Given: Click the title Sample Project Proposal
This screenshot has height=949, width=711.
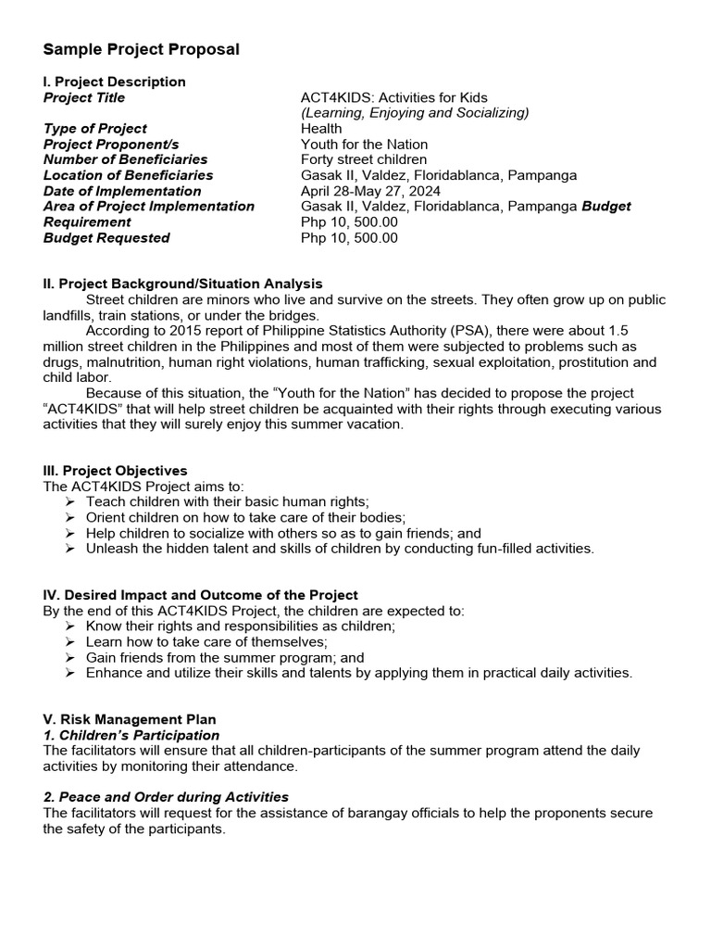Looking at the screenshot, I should click(142, 49).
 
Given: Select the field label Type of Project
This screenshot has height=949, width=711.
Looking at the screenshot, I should click(95, 129).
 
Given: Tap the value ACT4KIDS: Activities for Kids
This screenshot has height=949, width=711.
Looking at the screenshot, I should click(393, 97).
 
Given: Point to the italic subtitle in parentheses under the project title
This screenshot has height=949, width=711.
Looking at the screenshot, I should click(415, 113).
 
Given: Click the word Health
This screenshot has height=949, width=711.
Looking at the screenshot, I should click(321, 129).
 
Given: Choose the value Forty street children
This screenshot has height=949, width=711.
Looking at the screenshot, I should click(364, 159).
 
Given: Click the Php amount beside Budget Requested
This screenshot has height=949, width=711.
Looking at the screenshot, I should click(349, 237).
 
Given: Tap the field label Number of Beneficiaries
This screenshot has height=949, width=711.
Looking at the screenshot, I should click(126, 159).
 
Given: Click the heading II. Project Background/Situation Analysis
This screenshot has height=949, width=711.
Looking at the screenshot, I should click(183, 284).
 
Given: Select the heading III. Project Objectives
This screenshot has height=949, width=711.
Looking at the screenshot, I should click(116, 471).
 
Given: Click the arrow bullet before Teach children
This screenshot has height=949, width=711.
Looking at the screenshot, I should click(71, 501).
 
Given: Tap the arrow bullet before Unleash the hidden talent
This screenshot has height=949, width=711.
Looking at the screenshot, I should click(71, 549).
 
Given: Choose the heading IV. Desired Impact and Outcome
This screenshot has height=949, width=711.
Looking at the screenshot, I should click(201, 595).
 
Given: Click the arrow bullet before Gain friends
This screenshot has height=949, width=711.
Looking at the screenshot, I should click(71, 657).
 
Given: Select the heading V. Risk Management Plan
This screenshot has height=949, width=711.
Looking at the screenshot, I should click(131, 719).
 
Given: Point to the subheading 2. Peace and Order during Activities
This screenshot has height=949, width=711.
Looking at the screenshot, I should click(167, 797).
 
